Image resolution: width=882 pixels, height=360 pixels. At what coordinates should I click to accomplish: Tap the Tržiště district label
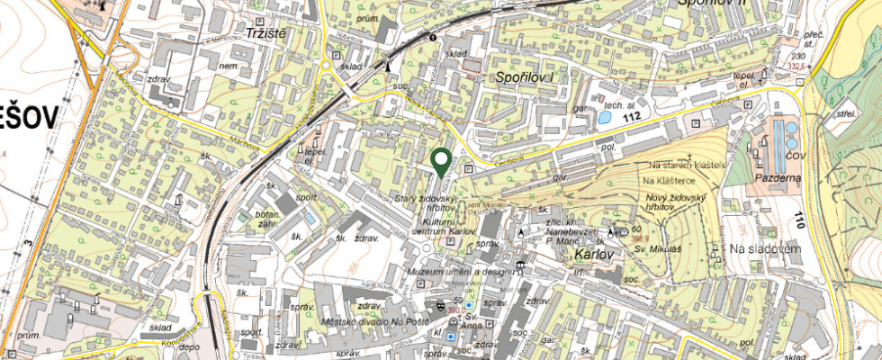pos(265,32)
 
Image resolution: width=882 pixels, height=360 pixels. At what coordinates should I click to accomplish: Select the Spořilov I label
pos(526,78)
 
